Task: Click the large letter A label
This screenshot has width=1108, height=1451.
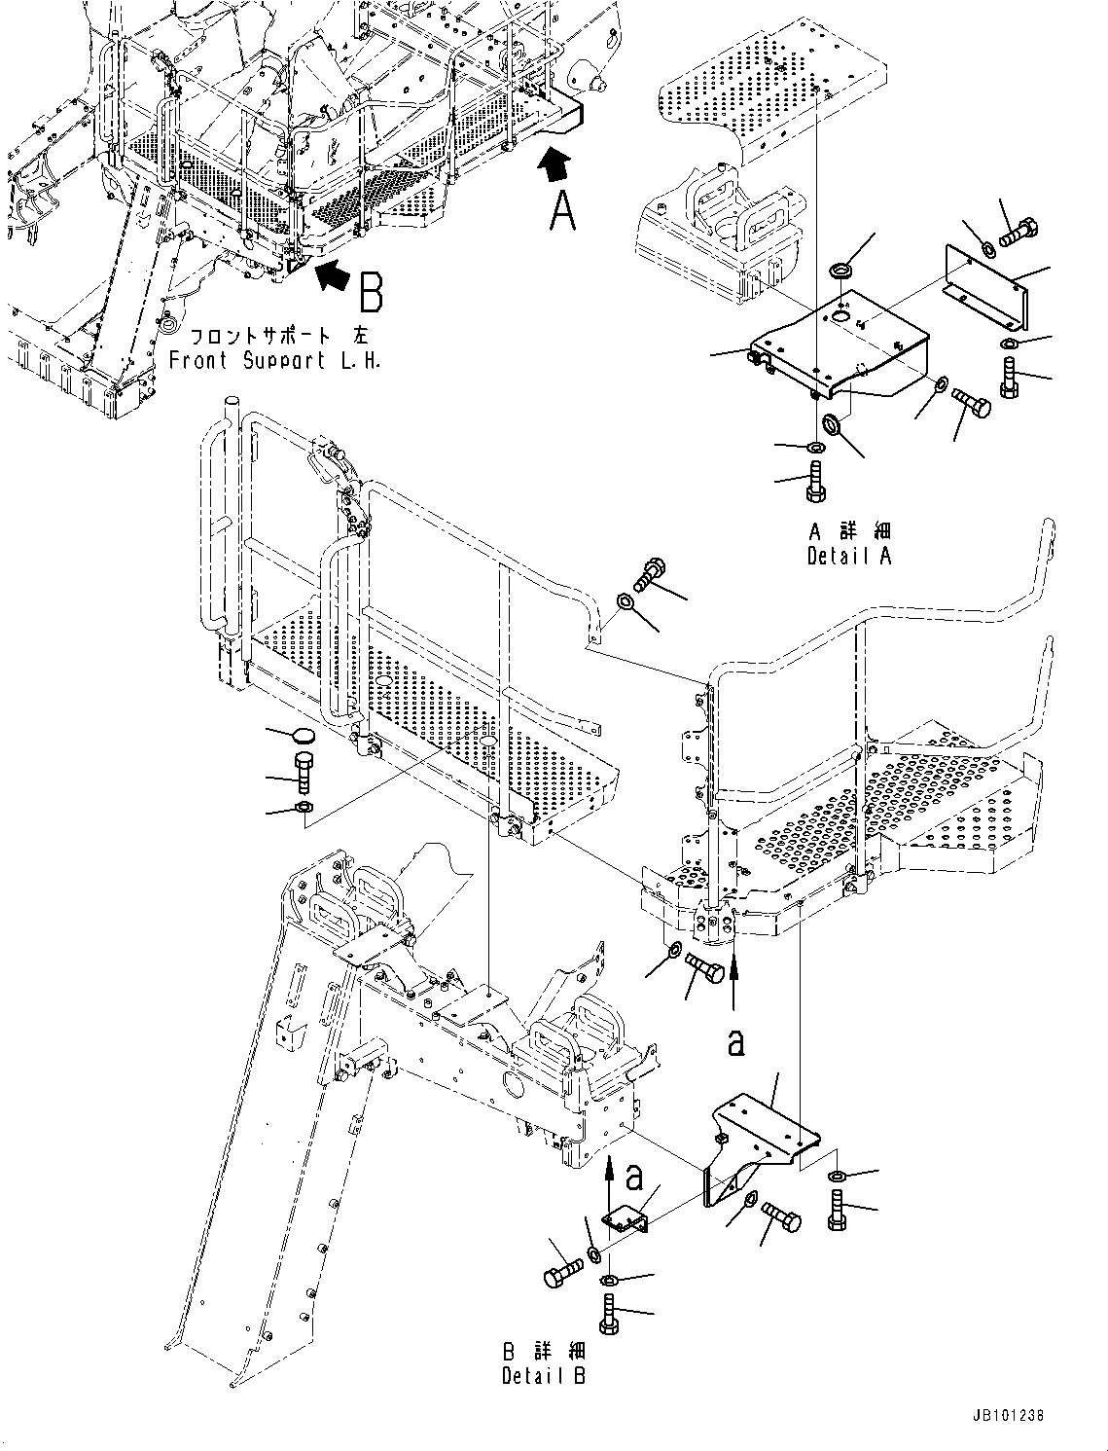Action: coord(562,210)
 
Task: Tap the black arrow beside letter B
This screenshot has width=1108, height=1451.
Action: coord(331,275)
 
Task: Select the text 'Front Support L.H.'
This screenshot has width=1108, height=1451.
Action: coord(275,360)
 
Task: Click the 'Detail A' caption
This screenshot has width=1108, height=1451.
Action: coord(848,556)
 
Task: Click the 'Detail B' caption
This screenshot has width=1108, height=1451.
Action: coord(544,1375)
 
